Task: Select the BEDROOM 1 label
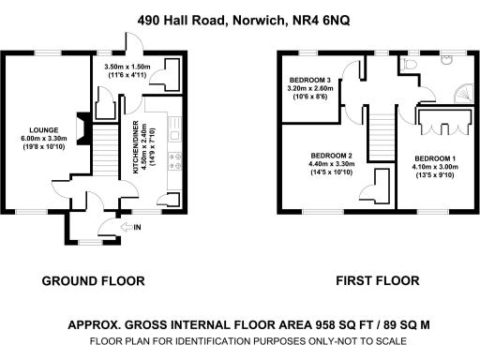pyautogui.click(x=435, y=157)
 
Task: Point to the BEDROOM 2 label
pyautogui.click(x=333, y=155)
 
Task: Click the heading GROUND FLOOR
pyautogui.click(x=94, y=280)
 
